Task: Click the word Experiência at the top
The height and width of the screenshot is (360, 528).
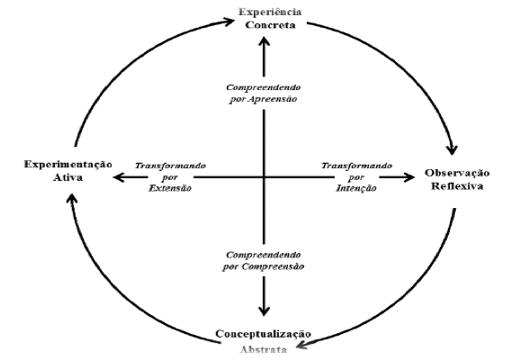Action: [270, 12]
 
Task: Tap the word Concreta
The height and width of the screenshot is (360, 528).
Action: [271, 25]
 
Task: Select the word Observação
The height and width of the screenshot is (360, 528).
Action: [457, 174]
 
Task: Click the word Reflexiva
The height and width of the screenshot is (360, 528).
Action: [457, 186]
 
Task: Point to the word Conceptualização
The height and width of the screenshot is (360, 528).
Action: [264, 334]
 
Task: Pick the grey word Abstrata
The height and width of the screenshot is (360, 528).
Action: [264, 349]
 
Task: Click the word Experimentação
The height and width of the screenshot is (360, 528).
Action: [68, 165]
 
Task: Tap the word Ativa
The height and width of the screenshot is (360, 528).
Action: [67, 177]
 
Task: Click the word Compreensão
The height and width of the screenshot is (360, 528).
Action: [273, 266]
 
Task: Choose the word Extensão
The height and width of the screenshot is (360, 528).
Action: [170, 188]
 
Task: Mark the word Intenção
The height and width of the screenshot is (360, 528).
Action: [356, 188]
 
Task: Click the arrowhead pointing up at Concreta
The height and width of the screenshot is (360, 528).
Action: [264, 41]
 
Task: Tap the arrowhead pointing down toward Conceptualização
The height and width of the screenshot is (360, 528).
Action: [264, 311]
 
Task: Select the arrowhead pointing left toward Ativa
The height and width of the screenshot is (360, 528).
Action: [119, 177]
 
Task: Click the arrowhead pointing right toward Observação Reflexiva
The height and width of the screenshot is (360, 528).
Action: [409, 177]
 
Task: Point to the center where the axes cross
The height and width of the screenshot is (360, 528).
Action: [264, 177]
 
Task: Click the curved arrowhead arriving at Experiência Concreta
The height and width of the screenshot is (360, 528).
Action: [228, 22]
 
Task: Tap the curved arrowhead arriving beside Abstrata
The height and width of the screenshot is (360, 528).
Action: [302, 345]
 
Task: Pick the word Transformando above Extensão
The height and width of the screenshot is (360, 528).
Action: [170, 166]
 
